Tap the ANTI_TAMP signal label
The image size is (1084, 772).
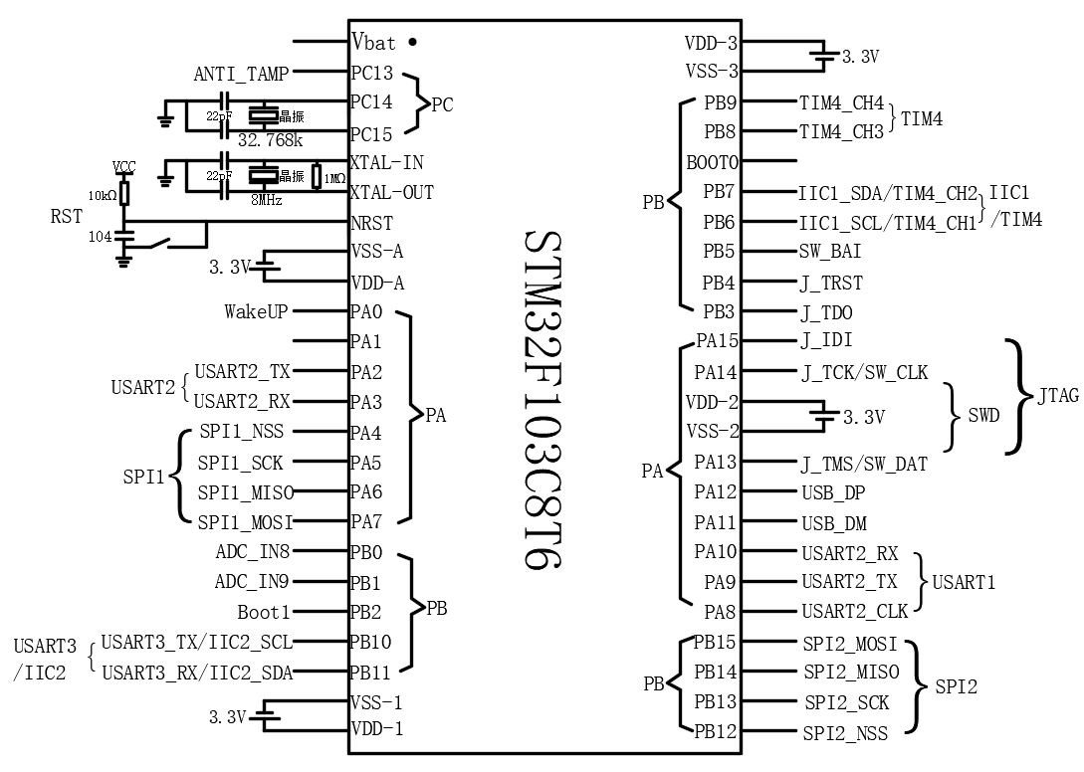[x=241, y=74]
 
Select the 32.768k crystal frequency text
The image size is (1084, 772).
[x=270, y=139]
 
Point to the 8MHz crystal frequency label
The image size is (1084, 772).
[x=266, y=200]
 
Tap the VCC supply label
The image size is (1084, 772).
[x=124, y=165]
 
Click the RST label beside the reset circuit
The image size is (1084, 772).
[x=67, y=215]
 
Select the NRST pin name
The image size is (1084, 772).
[x=372, y=223]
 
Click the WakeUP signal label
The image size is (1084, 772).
[x=256, y=312]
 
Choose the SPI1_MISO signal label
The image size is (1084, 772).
[x=245, y=492]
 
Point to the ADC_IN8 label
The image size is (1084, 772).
[x=253, y=552]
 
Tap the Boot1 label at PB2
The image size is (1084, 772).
[x=264, y=612]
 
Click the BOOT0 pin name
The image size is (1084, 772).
[x=713, y=161]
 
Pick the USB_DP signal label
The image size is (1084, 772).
[x=834, y=492]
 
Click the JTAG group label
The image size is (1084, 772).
[x=1058, y=396]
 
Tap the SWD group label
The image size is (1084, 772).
[x=983, y=416]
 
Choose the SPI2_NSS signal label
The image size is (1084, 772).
[x=845, y=734]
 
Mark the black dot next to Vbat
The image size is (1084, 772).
[x=412, y=43]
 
